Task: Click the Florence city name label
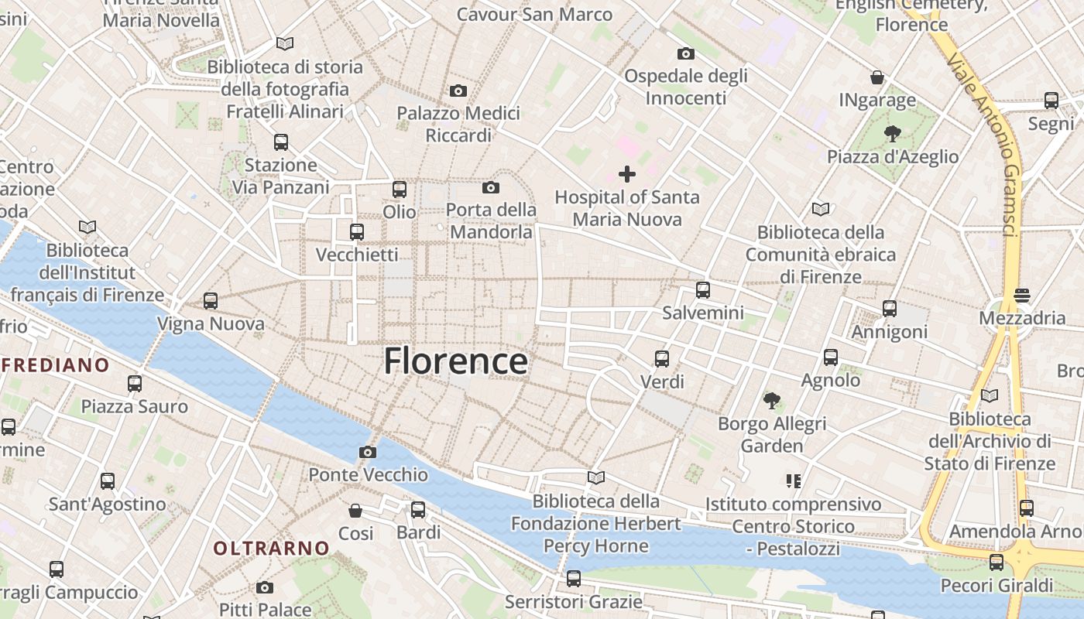point(456,361)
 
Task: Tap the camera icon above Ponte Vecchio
point(368,452)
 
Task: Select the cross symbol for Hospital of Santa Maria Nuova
point(627,174)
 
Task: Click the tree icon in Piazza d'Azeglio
point(892,134)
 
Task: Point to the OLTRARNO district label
point(272,549)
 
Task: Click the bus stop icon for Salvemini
point(703,290)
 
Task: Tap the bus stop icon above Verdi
point(662,359)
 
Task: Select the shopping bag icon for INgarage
point(877,77)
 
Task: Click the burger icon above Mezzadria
point(1022,296)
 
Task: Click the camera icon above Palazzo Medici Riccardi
point(458,91)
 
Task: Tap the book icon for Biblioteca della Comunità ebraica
point(821,209)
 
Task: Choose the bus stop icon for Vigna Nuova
point(211,301)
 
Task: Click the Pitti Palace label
point(266,609)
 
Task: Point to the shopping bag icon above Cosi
point(355,511)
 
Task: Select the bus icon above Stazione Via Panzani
point(281,142)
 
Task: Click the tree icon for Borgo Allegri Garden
point(771,401)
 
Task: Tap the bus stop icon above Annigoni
point(890,309)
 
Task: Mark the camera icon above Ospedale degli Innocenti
point(685,53)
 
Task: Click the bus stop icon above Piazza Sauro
point(135,384)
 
